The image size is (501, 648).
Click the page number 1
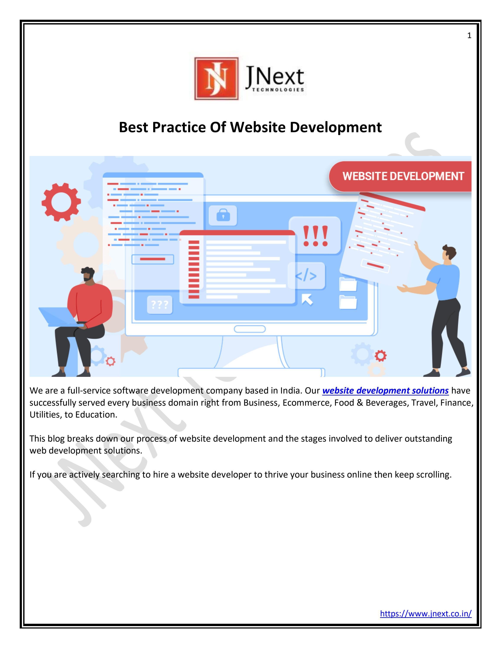pyautogui.click(x=469, y=36)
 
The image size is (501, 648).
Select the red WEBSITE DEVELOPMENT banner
pyautogui.click(x=400, y=176)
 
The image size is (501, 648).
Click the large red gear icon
pyautogui.click(x=61, y=202)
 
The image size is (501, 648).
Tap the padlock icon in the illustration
pyautogui.click(x=223, y=215)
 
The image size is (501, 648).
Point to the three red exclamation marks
pyautogui.click(x=315, y=236)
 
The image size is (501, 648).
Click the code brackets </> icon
pyautogui.click(x=306, y=276)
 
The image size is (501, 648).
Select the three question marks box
pyautogui.click(x=160, y=305)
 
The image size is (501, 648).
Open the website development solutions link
pyautogui.click(x=385, y=390)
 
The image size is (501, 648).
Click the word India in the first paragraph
pyautogui.click(x=291, y=390)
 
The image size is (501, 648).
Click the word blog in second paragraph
pyautogui.click(x=55, y=439)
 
